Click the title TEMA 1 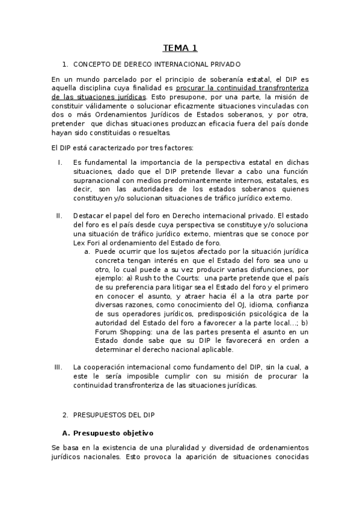tap(180, 48)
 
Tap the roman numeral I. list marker tap(60, 163)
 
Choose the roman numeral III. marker tap(58, 366)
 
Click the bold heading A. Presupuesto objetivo tap(108, 432)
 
